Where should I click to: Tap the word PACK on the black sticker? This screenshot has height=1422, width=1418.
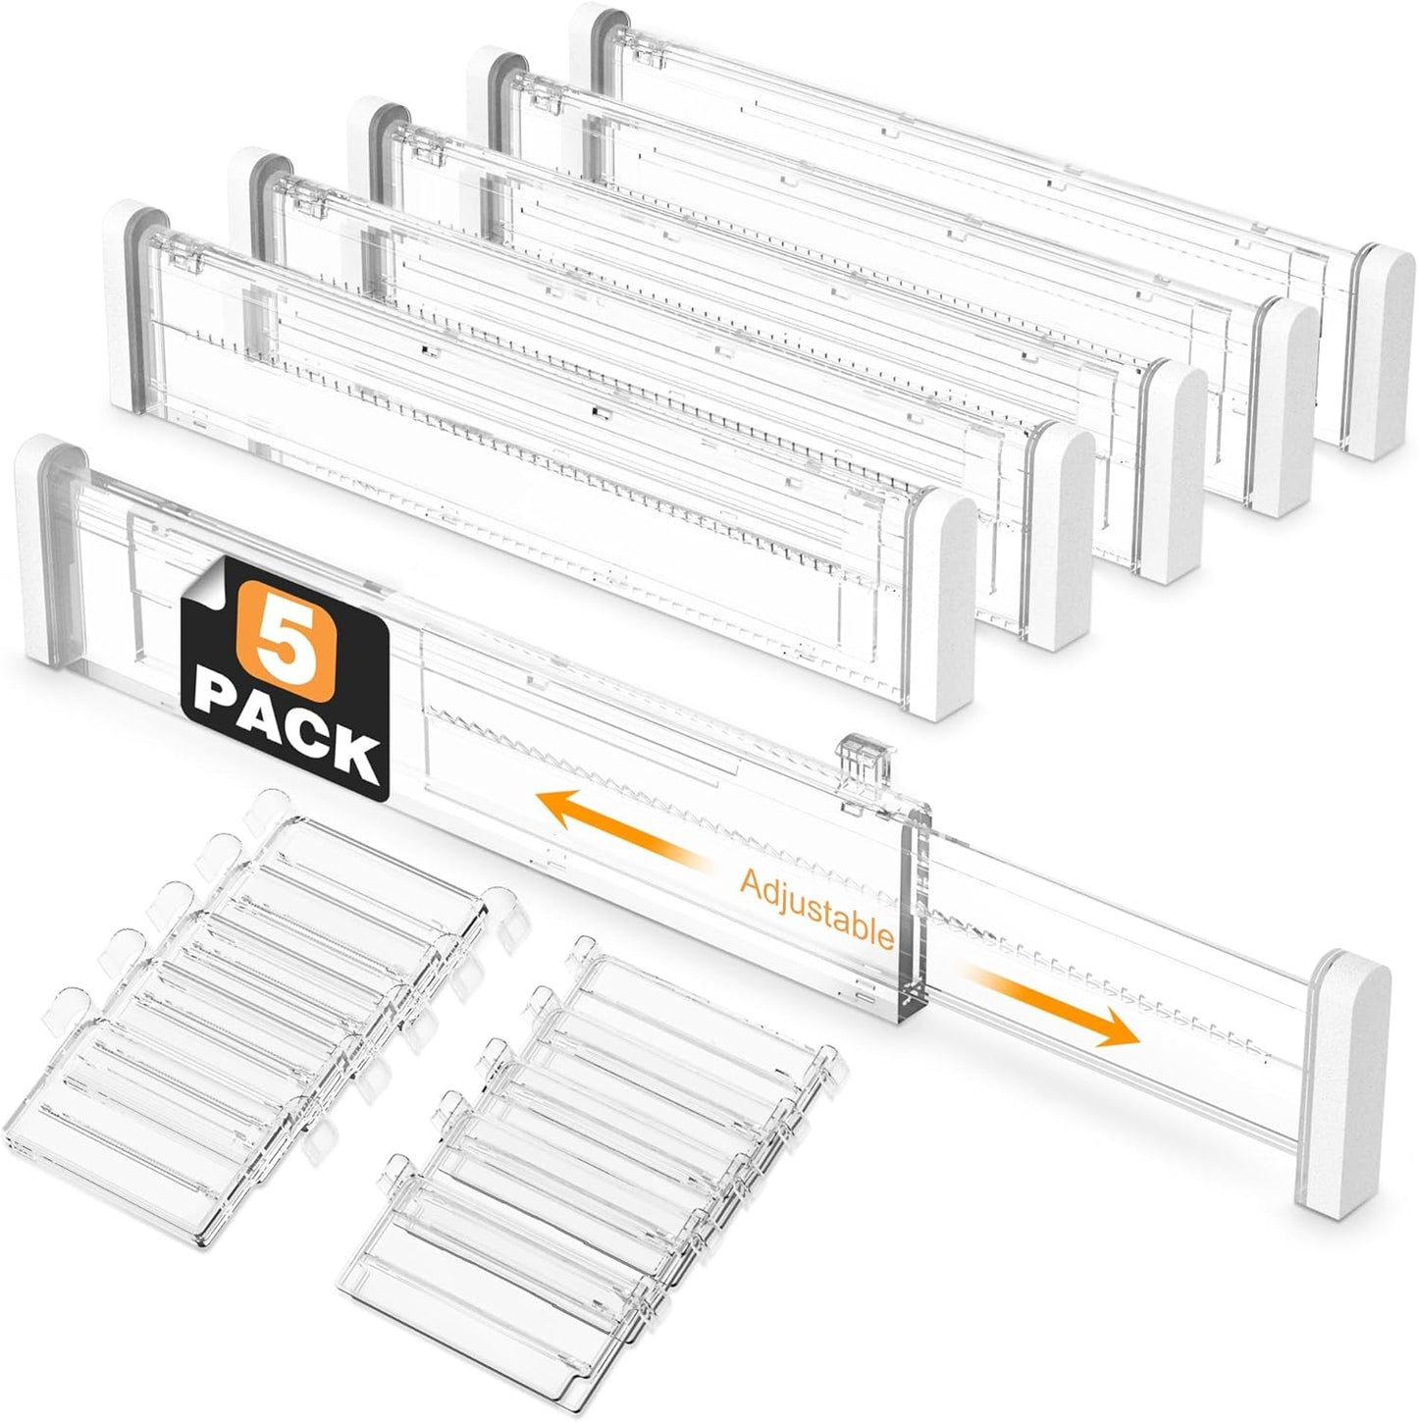tap(288, 733)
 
